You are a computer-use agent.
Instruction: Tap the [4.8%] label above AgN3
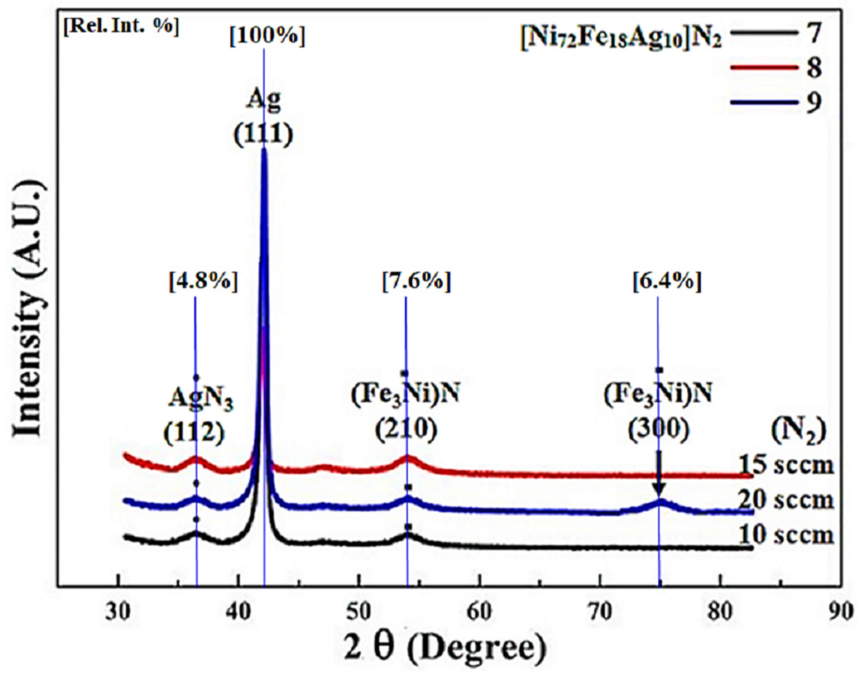pyautogui.click(x=203, y=281)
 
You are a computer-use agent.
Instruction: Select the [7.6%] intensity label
pyautogui.click(x=416, y=281)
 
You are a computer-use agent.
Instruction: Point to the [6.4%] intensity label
pyautogui.click(x=667, y=281)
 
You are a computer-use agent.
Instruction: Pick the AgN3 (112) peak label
pyautogui.click(x=197, y=415)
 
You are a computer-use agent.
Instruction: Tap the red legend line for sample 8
pyautogui.click(x=763, y=67)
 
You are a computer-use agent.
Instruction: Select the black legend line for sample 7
pyautogui.click(x=763, y=33)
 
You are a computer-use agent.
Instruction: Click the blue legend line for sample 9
pyautogui.click(x=763, y=102)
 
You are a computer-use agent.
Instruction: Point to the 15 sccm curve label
pyautogui.click(x=786, y=465)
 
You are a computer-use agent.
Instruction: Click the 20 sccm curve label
pyautogui.click(x=786, y=500)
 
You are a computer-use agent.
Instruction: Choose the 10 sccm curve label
pyautogui.click(x=786, y=535)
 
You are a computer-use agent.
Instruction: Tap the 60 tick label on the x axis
pyautogui.click(x=479, y=612)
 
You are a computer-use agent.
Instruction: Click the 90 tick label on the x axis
pyautogui.click(x=841, y=612)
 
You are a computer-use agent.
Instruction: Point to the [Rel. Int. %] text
pyautogui.click(x=121, y=26)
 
